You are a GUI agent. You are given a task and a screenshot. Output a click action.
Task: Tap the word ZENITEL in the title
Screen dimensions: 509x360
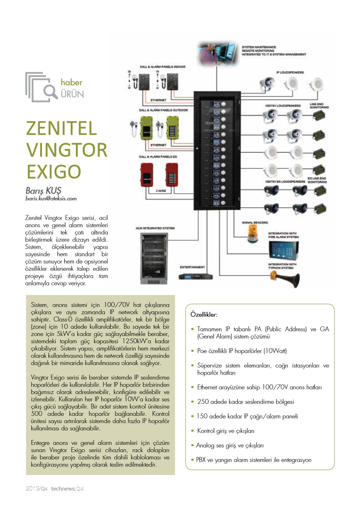(62, 129)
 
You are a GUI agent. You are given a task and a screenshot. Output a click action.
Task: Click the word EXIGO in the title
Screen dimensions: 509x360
(54, 171)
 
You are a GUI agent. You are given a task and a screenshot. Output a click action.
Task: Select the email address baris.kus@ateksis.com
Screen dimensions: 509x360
(51, 198)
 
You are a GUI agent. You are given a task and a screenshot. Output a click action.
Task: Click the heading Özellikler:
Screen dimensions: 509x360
(203, 314)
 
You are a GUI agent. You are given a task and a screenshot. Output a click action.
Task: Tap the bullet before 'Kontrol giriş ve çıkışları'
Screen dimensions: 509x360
(193, 431)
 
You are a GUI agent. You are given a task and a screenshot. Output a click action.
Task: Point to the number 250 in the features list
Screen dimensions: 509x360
(203, 402)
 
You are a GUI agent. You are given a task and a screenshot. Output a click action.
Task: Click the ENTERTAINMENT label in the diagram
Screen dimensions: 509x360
(192, 267)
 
